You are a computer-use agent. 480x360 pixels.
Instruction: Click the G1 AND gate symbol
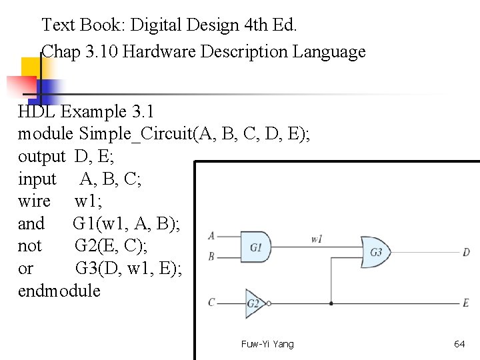257,247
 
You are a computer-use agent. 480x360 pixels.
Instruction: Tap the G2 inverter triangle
255,303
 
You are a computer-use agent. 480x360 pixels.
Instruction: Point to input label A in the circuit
211,235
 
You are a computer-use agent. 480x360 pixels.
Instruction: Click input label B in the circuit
211,256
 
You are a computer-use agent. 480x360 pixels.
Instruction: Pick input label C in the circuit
211,302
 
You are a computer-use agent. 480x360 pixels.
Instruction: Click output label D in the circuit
466,252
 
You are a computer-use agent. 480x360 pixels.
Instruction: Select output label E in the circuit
466,303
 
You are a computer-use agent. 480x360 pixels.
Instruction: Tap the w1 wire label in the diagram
317,238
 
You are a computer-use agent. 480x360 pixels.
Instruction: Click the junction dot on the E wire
331,303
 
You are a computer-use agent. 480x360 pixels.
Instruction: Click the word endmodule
59,291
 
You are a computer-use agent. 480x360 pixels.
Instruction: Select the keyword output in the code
41,157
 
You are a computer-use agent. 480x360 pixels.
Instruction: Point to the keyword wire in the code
34,201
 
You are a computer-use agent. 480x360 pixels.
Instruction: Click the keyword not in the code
29,246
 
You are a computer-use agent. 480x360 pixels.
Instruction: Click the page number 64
459,344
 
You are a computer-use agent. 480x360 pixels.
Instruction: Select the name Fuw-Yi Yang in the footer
267,344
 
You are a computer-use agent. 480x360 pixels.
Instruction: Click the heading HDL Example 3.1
85,111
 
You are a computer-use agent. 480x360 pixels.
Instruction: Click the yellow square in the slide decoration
31,67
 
